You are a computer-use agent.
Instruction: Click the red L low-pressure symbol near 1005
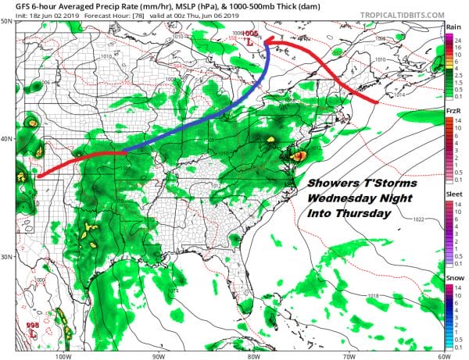tap(250, 45)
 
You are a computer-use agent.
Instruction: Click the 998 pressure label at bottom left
tap(32, 325)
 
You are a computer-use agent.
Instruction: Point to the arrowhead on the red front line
tap(267, 42)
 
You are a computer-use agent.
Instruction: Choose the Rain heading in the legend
tap(453, 27)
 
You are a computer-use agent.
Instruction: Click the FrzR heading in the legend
tap(453, 112)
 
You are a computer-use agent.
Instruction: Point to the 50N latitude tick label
tap(7, 22)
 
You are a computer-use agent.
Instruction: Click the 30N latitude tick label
tap(7, 256)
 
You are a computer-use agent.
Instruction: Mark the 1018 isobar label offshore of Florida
tap(373, 296)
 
